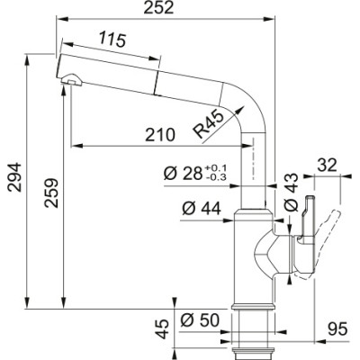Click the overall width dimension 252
(172, 9)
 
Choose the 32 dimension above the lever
(326, 165)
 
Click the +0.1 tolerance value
(217, 168)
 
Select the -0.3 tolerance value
(217, 178)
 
